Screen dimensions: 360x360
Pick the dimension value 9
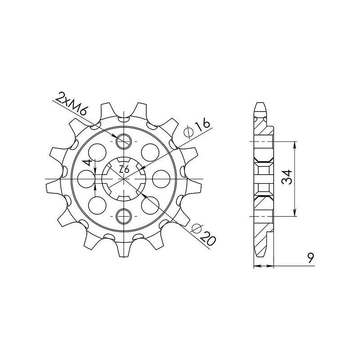(310, 258)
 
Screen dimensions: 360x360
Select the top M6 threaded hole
(124, 142)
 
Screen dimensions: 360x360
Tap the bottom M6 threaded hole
(124, 216)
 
